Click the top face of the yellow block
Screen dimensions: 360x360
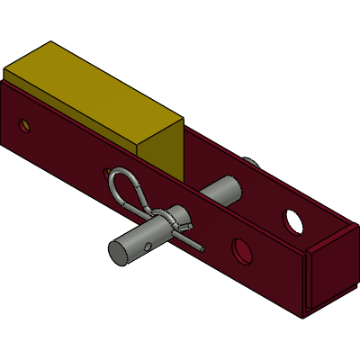[x=90, y=90]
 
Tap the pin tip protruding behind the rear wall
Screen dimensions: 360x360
[x=253, y=162]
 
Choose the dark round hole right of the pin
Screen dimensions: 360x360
[x=241, y=252]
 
